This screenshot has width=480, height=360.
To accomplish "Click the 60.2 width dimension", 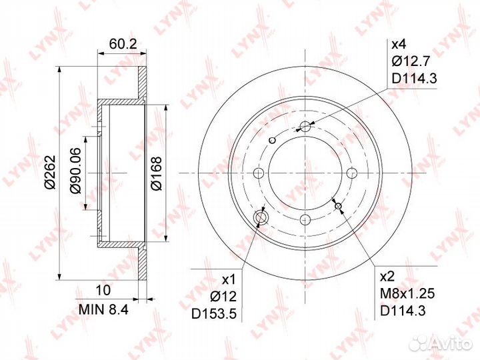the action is point(123,44).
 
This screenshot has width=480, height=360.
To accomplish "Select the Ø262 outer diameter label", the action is point(50,173).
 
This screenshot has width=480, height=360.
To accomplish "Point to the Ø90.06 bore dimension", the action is point(75,171).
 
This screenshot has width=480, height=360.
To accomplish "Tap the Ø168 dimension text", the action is point(157,173).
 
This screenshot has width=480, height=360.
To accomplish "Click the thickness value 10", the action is point(103,290).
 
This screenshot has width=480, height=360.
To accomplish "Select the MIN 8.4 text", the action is point(103,310).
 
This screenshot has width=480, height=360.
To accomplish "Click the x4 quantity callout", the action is point(399,45).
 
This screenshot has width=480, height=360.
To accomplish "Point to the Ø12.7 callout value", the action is point(411,62).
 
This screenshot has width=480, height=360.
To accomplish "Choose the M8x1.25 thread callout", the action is point(407,294).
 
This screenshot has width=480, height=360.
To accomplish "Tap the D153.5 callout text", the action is point(214,313).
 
